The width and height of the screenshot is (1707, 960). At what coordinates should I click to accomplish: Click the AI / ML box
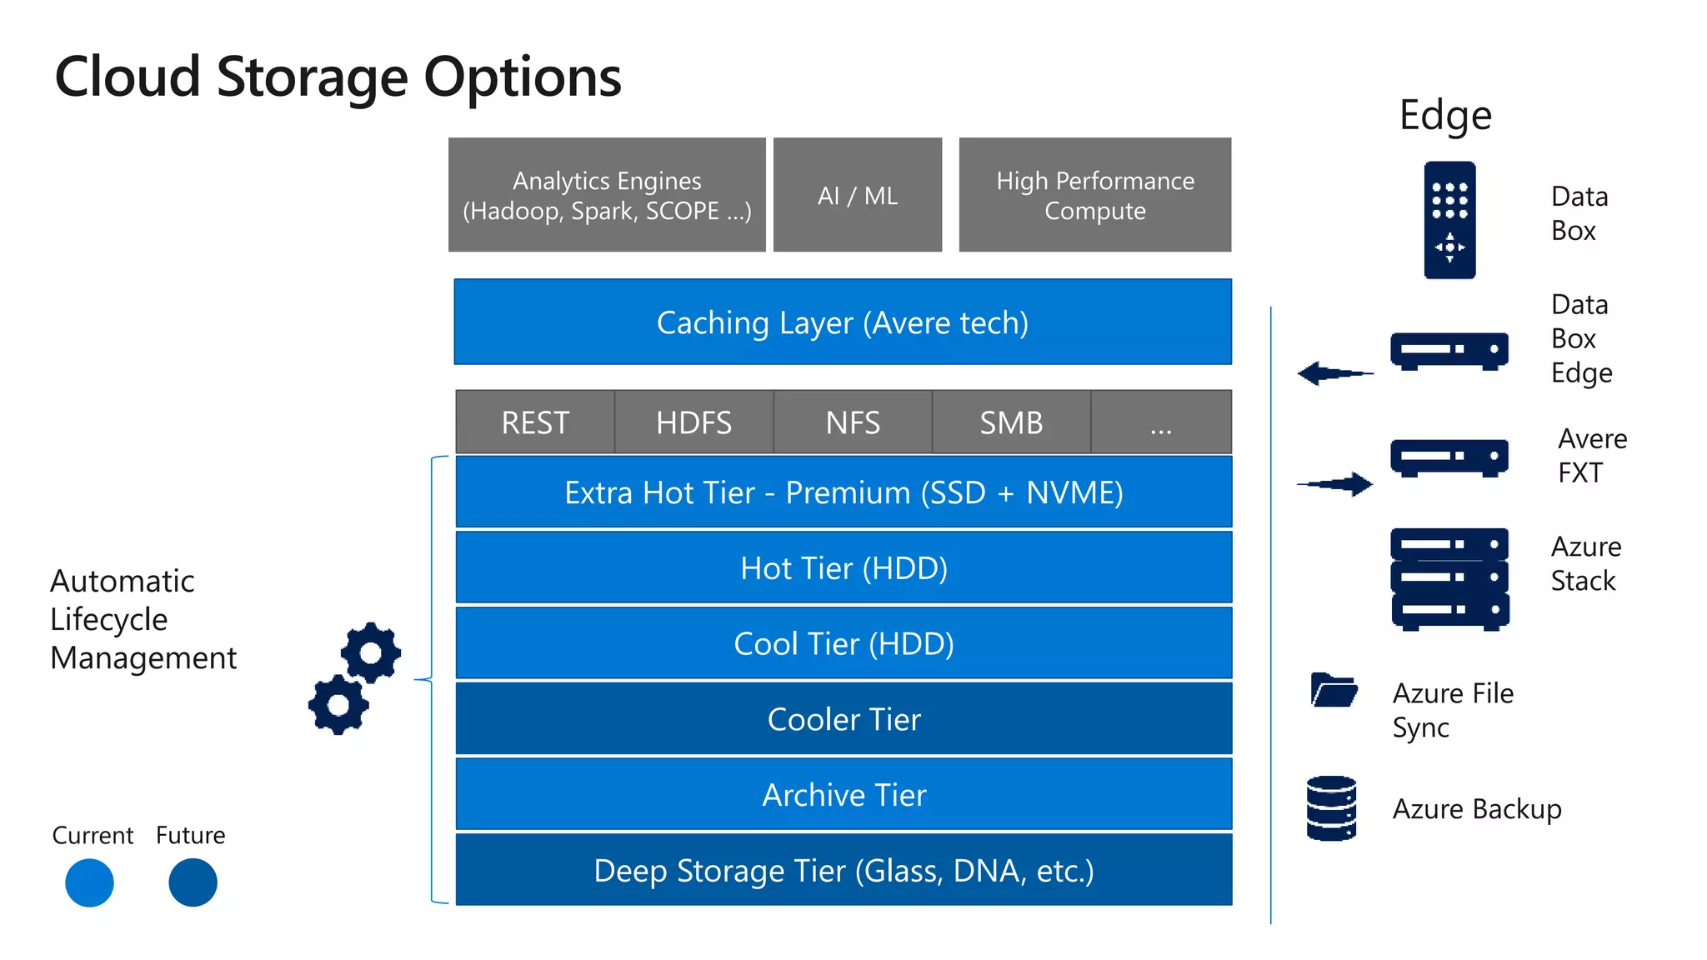click(858, 195)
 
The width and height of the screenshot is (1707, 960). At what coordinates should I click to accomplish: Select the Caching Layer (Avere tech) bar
click(843, 322)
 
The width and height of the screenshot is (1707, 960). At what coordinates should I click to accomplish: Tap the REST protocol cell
click(535, 422)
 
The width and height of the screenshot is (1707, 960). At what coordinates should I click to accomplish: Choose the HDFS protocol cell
click(693, 422)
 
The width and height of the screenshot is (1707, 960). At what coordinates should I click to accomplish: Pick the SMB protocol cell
click(1011, 422)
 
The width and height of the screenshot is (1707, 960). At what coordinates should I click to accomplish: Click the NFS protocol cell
click(853, 422)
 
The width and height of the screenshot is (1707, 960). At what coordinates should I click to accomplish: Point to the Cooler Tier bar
click(843, 719)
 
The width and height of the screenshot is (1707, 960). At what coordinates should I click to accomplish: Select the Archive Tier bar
click(843, 795)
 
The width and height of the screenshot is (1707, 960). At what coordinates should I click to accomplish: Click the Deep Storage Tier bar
click(843, 870)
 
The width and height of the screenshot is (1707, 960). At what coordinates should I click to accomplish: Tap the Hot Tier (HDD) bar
click(843, 568)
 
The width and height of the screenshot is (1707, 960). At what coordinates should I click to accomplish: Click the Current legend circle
click(89, 882)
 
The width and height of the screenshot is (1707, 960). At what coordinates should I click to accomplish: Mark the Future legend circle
click(193, 882)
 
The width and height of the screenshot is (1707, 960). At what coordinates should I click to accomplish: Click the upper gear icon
click(371, 652)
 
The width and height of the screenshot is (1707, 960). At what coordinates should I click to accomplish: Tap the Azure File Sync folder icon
click(1334, 690)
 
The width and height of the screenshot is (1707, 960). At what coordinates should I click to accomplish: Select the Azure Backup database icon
click(1331, 808)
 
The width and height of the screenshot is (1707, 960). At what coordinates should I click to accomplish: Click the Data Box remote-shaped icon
click(1449, 220)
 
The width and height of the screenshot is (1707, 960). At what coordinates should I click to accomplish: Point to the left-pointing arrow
click(1334, 373)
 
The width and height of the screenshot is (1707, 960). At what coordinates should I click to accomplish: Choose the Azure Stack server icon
click(1449, 578)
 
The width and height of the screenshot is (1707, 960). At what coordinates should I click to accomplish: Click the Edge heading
click(1445, 115)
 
